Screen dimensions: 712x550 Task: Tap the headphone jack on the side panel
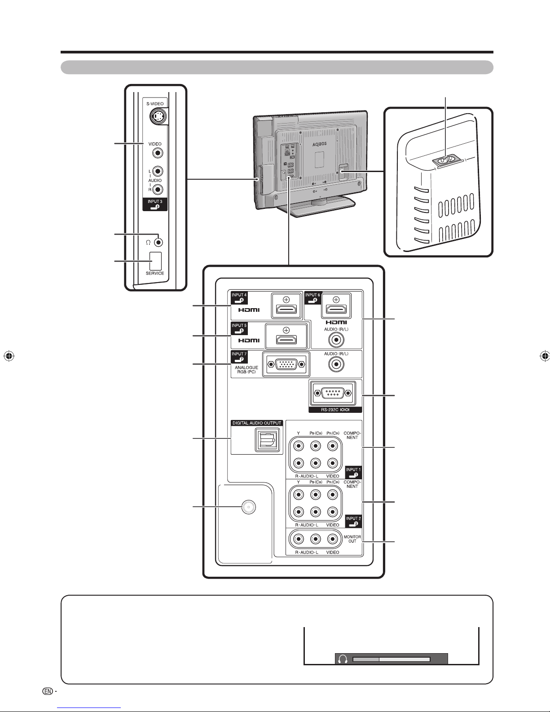tap(158, 242)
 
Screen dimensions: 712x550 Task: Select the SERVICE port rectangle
tap(154, 260)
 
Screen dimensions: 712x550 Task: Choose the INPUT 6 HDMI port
tap(336, 308)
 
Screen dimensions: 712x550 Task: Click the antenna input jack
tap(246, 507)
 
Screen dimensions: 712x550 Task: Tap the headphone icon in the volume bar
tap(343, 659)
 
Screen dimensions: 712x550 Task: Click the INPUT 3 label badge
tap(155, 204)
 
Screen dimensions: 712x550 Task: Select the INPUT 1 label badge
tap(353, 472)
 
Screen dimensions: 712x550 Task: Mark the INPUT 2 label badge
tap(353, 521)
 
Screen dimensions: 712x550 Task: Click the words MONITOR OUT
tap(352, 539)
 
